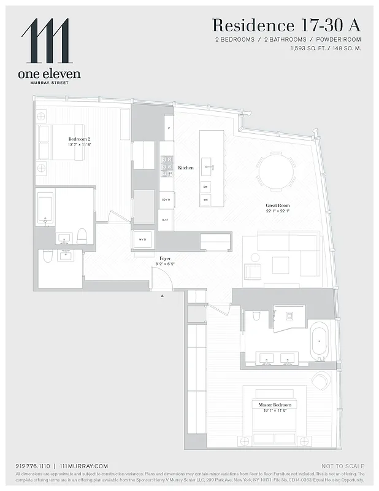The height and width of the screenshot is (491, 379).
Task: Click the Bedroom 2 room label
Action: (x=79, y=139)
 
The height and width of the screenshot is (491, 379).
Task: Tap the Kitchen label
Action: (x=186, y=168)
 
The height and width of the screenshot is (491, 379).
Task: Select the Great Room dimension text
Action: (x=278, y=211)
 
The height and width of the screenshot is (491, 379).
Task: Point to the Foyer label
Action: (x=166, y=259)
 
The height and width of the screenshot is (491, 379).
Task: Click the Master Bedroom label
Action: (x=274, y=405)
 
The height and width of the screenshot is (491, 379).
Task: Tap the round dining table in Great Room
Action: (x=276, y=171)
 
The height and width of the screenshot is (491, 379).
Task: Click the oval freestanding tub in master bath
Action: (x=320, y=341)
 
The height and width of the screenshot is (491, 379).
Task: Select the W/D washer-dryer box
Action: (x=143, y=239)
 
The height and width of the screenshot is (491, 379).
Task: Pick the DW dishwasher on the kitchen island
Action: (x=205, y=187)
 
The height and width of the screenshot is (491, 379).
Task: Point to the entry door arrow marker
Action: (x=163, y=296)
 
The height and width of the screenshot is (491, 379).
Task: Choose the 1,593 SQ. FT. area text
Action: (x=311, y=48)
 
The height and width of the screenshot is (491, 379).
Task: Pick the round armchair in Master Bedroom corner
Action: (x=321, y=381)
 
